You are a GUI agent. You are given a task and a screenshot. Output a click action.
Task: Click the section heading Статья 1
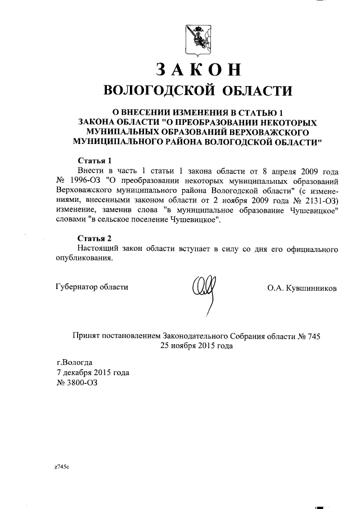93,160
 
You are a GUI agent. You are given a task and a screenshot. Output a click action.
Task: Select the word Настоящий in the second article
96,248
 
